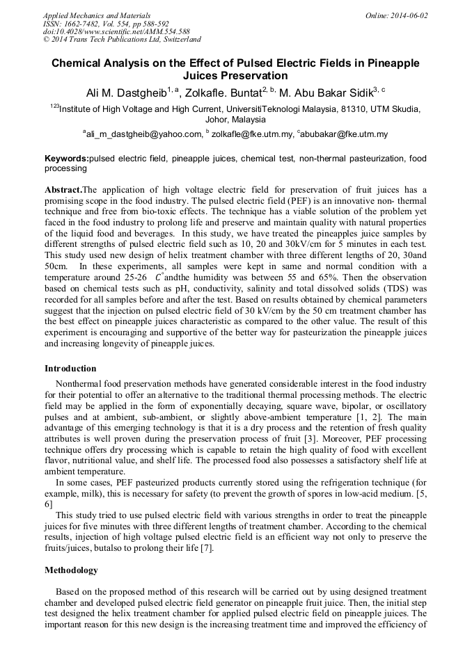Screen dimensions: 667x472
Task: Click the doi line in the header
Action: [x=116, y=32]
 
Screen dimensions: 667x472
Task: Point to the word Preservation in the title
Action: [x=235, y=76]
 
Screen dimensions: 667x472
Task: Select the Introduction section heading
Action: [x=70, y=369]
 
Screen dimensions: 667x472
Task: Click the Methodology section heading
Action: [x=71, y=570]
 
